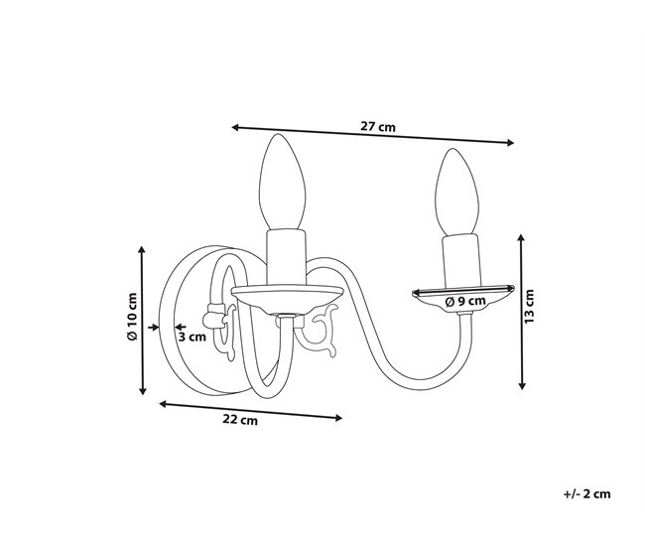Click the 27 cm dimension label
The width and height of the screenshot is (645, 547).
pos(378,126)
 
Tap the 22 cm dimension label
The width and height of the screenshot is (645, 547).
pos(240,419)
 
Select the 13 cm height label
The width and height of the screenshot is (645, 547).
pos(529,306)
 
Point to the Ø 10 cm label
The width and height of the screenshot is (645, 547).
pos(132,317)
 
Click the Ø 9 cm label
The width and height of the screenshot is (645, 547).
pos(465,301)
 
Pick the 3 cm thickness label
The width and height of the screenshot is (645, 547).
pos(193,337)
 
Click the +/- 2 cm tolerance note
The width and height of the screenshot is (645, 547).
pos(587,494)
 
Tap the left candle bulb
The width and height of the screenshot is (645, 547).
pos(282,182)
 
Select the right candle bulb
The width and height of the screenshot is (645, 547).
pos(457,192)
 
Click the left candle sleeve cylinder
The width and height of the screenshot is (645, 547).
pos(287,257)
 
